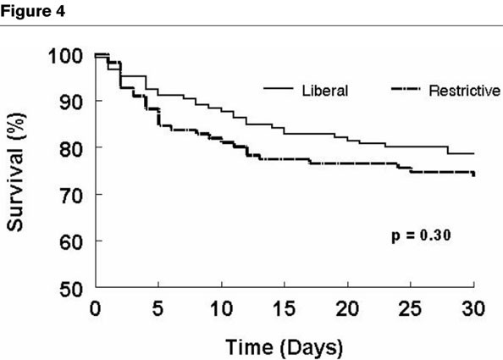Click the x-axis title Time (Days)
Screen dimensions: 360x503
coord(284,346)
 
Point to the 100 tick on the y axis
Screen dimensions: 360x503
coord(65,56)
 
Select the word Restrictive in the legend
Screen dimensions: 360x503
coord(464,90)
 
